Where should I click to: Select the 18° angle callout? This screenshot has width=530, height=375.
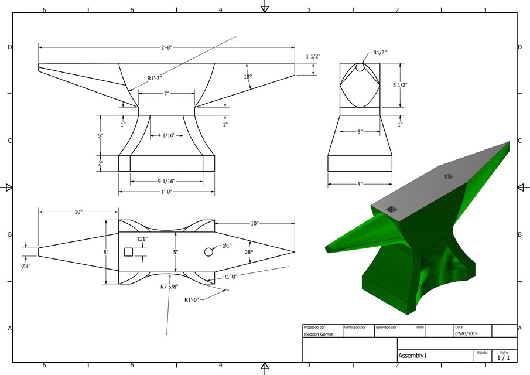pos(248,77)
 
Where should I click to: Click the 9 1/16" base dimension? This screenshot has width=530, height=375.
pos(166,182)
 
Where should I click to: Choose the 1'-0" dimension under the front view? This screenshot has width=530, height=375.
pos(166,192)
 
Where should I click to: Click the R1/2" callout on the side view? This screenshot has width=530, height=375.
pos(380,53)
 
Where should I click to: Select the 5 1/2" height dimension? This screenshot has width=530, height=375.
pos(400,85)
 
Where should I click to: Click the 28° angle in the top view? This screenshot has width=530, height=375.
pos(248,252)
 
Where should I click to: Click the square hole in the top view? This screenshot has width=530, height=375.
pos(128,251)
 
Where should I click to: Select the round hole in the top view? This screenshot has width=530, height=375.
pos(208,251)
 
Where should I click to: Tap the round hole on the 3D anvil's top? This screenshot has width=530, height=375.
pos(449,176)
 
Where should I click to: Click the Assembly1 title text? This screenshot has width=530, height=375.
pos(413,356)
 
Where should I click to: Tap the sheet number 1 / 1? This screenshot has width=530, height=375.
pos(504,357)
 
